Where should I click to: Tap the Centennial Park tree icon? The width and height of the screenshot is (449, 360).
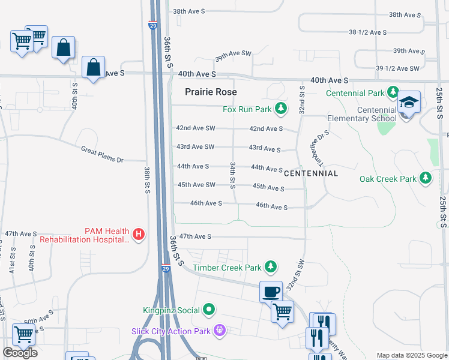393,92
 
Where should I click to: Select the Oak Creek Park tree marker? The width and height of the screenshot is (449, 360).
426,178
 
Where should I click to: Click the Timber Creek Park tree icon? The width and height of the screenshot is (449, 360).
271,266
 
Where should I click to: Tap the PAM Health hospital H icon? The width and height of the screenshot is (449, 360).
139,233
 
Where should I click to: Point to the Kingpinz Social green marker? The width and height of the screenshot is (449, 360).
209,310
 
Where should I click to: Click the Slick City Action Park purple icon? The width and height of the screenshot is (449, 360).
220,331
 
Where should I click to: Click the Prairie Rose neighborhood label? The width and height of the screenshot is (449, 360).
211,92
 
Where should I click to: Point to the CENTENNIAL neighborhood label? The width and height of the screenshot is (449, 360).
310,173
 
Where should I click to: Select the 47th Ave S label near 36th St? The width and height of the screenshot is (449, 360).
196,237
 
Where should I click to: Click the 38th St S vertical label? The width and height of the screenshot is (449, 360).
146,180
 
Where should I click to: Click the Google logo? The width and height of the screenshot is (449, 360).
20,353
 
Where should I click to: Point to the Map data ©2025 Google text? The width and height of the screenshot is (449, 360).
411,355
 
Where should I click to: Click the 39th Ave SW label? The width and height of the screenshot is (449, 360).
234,54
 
